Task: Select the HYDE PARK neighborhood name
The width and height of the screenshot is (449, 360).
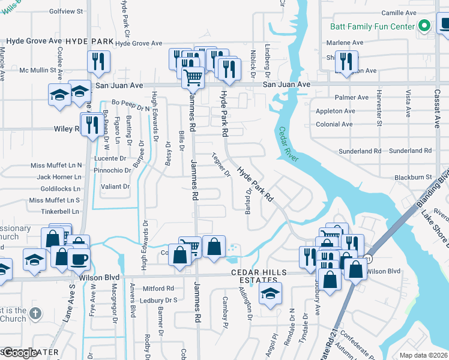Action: (89, 41)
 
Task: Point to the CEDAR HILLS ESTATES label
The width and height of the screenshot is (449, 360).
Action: (265, 272)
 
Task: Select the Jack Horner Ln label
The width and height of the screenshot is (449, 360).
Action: (59, 177)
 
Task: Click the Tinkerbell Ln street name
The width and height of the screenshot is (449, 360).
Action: (60, 211)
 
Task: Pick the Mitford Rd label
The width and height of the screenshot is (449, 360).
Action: (158, 288)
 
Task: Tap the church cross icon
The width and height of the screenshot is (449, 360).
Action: (35, 313)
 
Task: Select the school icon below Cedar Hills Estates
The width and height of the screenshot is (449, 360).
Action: (270, 293)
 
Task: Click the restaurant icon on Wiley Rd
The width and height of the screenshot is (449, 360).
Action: (91, 124)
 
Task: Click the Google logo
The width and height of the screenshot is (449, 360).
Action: (19, 353)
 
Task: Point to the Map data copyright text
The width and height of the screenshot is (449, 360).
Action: (423, 355)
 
